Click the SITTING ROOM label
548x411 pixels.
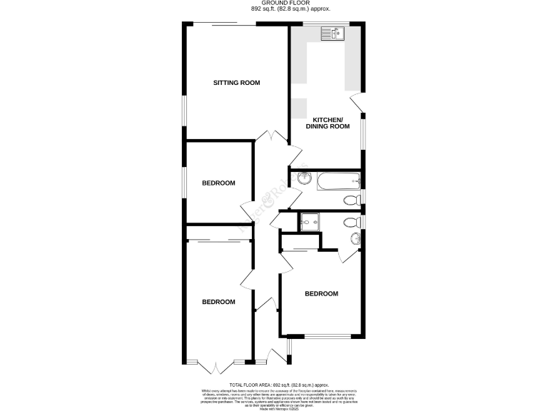[x=237, y=83]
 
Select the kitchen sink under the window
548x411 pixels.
[x=333, y=32]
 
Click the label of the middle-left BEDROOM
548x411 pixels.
[x=218, y=183]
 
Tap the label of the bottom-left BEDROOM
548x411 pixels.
[x=218, y=302]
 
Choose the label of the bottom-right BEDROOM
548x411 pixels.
[x=321, y=293]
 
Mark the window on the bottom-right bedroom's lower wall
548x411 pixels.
[x=328, y=335]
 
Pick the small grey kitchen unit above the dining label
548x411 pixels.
[x=297, y=108]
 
